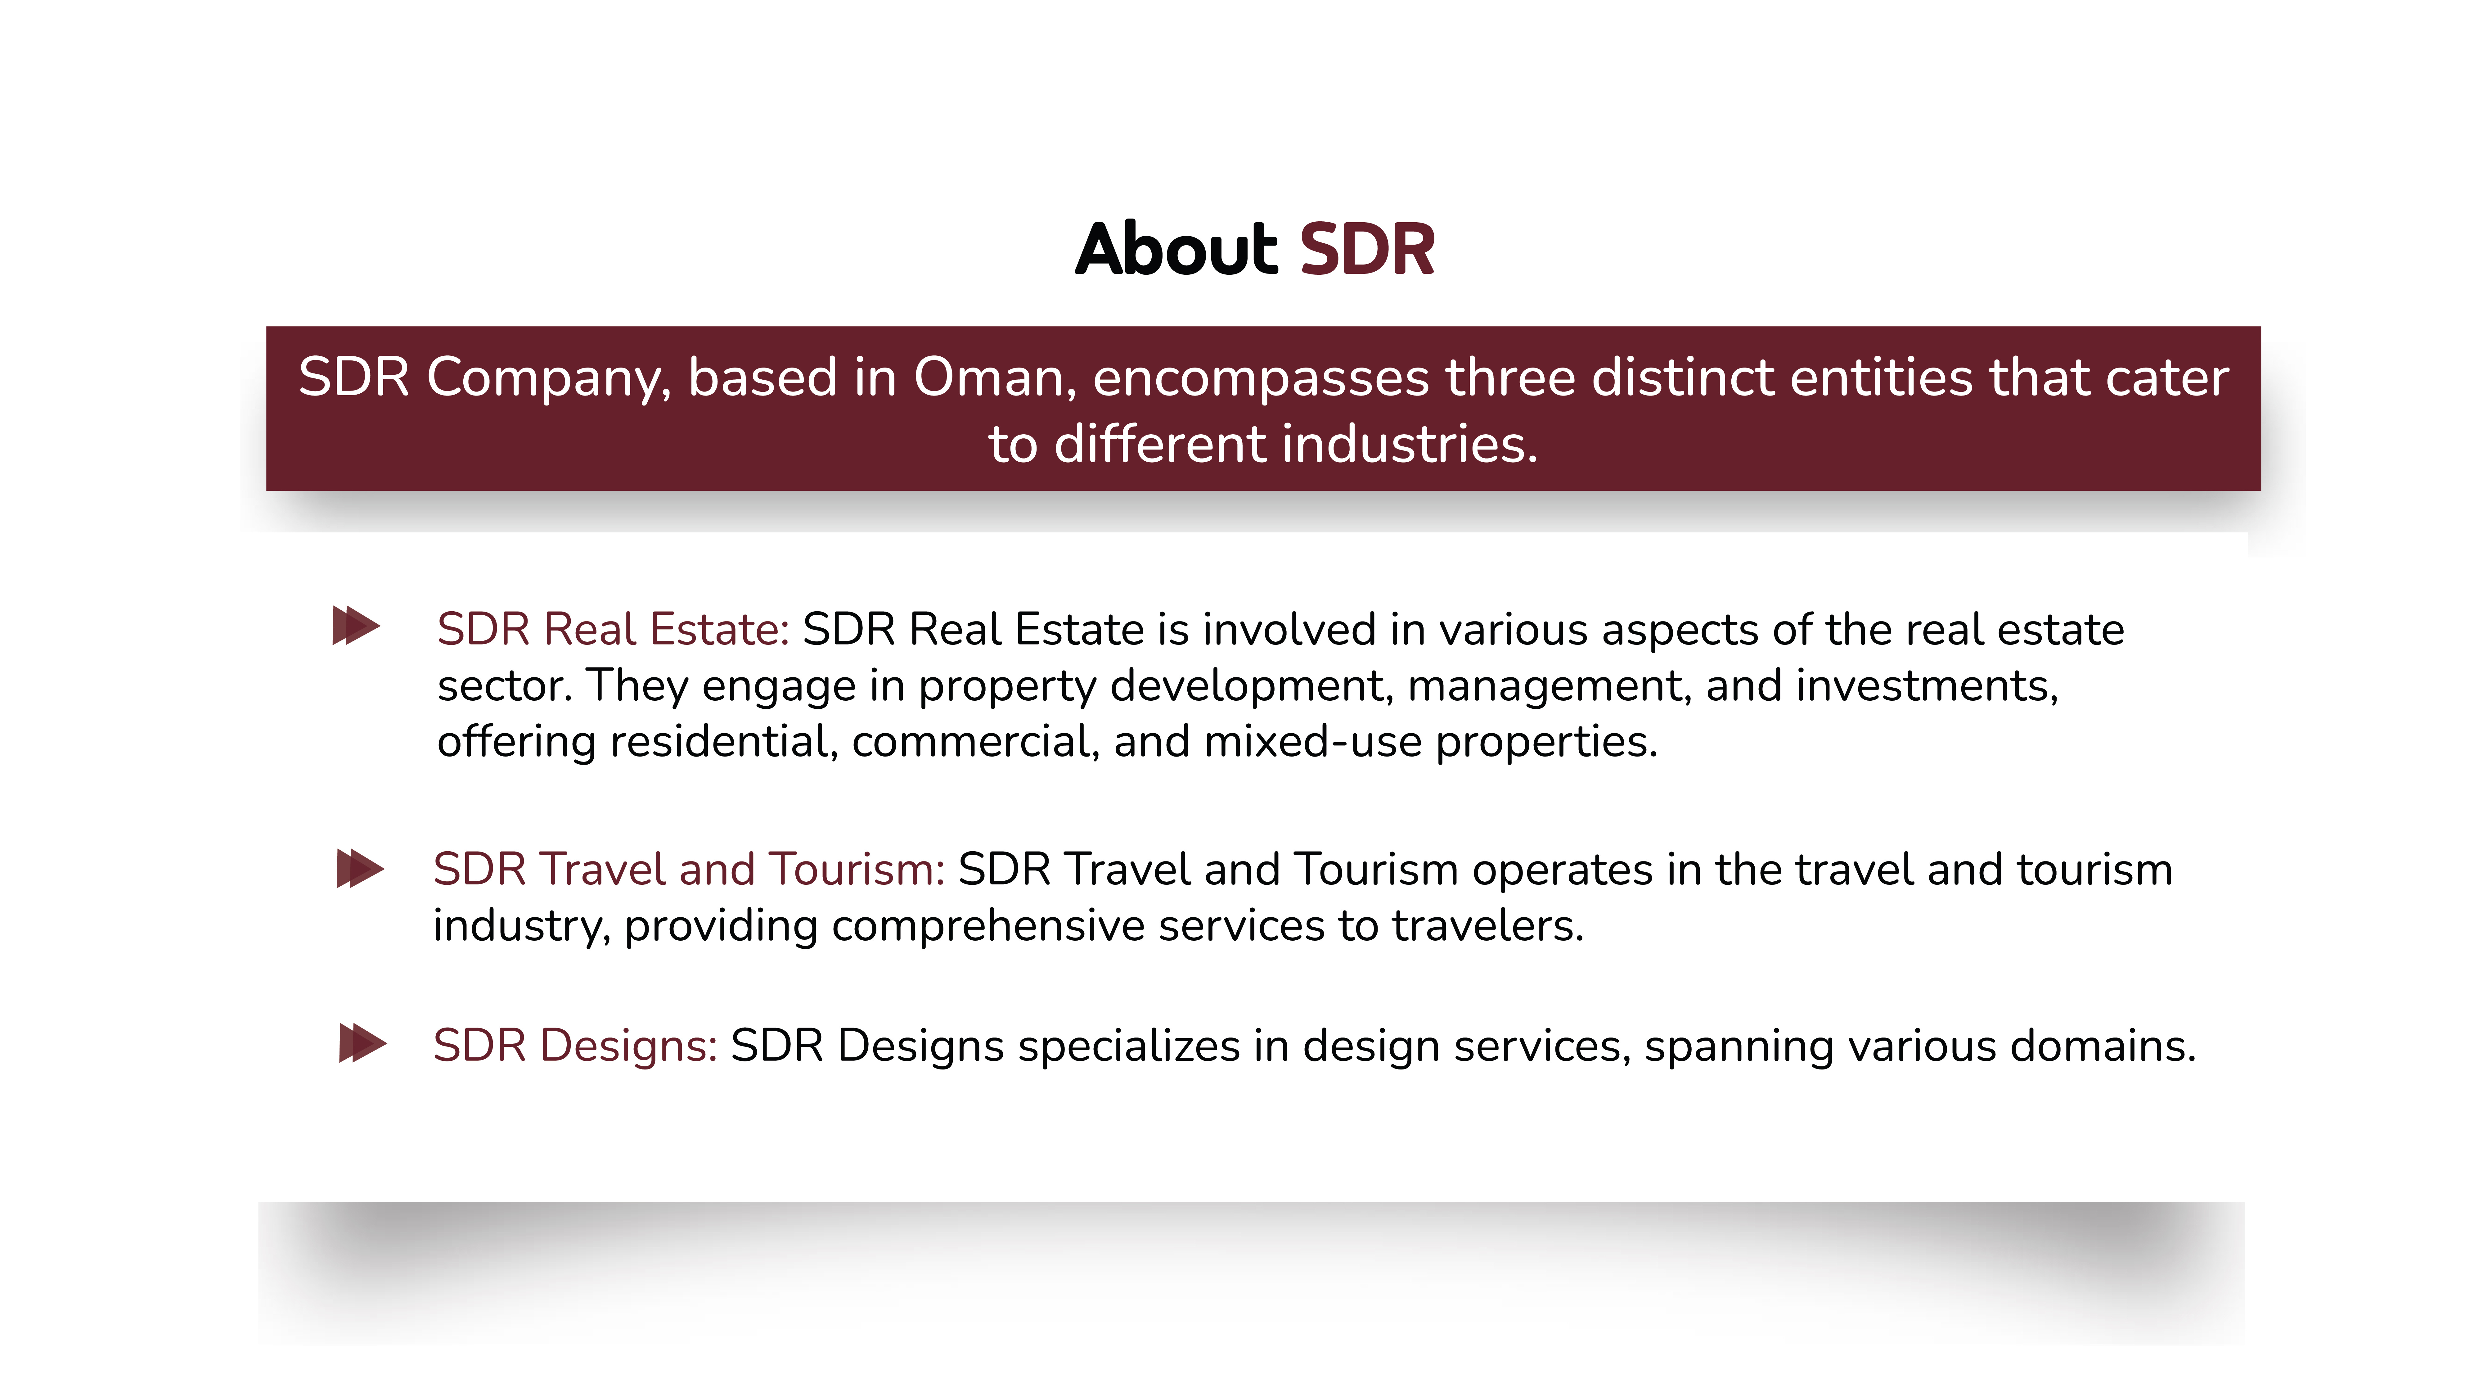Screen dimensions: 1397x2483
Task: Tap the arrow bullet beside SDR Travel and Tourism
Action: coord(360,869)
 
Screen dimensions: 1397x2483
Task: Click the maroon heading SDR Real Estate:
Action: coord(613,630)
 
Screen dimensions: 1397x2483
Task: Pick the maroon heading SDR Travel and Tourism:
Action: coord(688,870)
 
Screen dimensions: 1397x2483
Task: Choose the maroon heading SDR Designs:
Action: coord(574,1046)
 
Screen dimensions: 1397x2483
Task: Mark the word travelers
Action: coord(1486,925)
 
